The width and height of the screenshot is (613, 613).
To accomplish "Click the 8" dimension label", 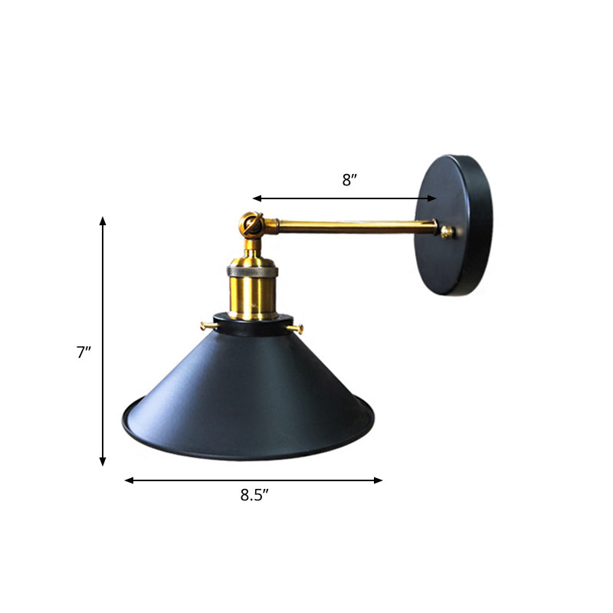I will point(349,180).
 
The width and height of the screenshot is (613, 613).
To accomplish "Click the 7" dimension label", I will point(84,352).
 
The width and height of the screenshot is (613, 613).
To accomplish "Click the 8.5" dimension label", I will point(254,495).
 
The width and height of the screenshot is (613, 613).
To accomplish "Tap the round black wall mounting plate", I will point(454,226).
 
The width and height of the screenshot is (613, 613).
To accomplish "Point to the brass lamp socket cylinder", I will point(253,295).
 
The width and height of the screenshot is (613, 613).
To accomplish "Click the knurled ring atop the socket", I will point(253,270).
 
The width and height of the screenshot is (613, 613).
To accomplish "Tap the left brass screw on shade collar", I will point(207,326).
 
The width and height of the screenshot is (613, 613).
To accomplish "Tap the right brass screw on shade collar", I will point(299,329).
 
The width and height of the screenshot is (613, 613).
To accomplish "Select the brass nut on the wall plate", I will point(447,231).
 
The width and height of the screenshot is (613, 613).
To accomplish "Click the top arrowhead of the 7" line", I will point(103,221).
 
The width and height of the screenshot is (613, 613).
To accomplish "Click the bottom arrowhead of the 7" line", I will point(103,461).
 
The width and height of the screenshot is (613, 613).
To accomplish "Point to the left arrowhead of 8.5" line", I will point(129,480).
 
